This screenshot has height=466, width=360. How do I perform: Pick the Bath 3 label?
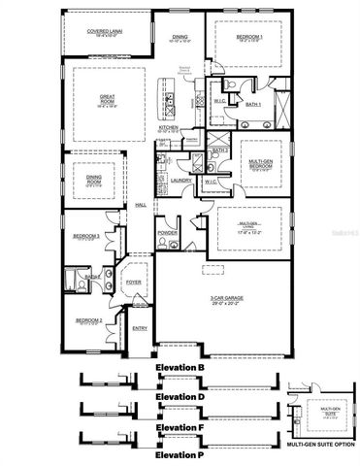[221, 150]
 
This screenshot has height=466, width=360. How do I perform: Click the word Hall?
[141, 204]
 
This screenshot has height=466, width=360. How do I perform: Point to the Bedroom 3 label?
[87, 236]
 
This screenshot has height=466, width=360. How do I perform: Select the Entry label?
[140, 328]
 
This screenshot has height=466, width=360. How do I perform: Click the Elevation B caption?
[179, 368]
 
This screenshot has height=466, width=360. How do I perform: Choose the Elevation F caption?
[179, 426]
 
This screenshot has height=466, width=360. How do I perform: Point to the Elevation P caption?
[179, 454]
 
